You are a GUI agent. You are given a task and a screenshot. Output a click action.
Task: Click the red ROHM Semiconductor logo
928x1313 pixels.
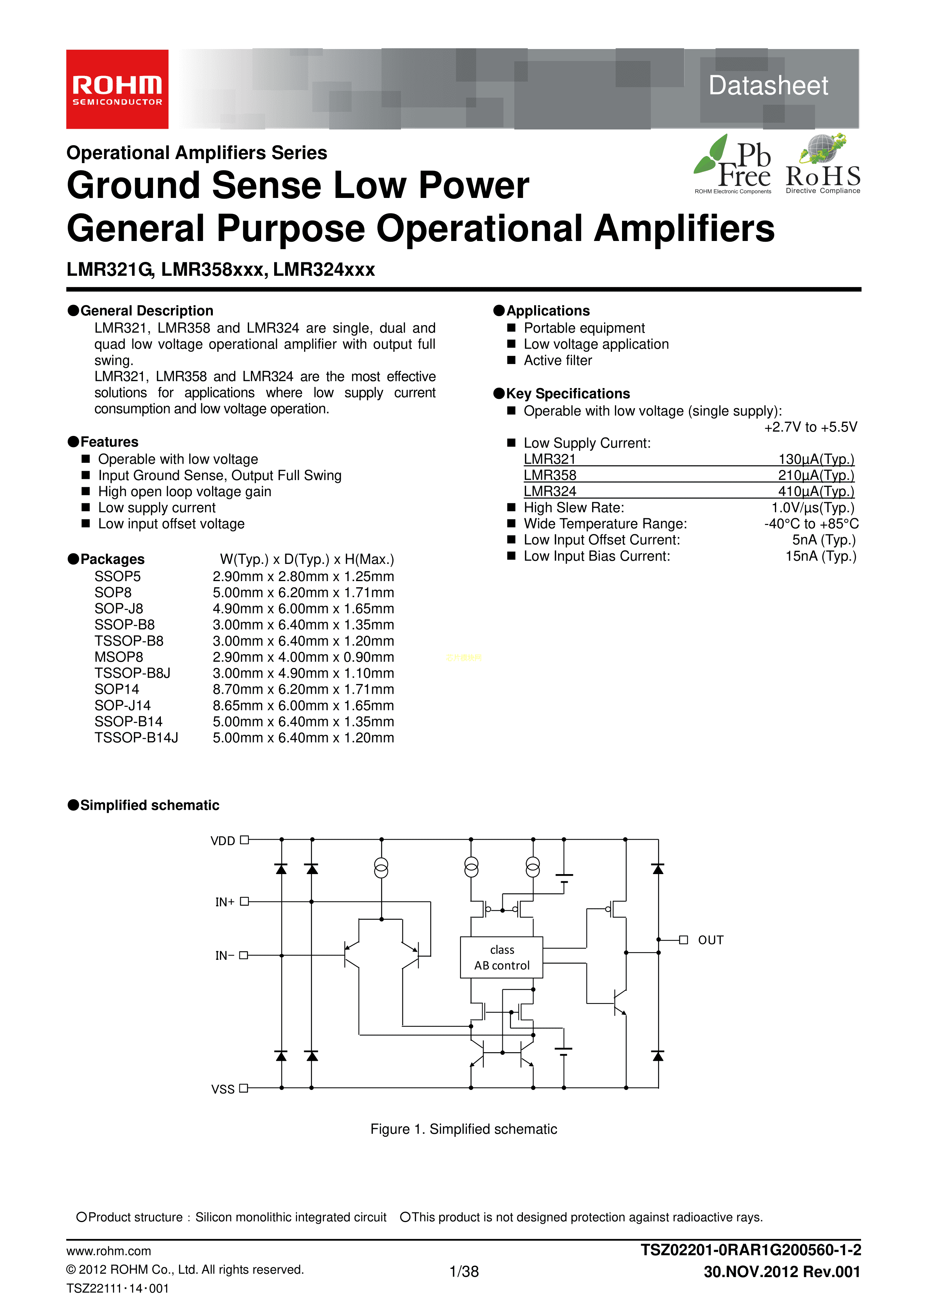pos(117,89)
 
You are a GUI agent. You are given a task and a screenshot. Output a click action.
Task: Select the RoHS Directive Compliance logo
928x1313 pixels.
pos(823,165)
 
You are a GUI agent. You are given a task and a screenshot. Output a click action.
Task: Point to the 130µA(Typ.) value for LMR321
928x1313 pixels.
pos(816,459)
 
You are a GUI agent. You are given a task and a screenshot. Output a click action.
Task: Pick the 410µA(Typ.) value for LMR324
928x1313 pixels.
pos(816,491)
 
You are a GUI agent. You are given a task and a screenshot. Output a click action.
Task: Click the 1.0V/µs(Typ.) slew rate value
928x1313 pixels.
pos(812,508)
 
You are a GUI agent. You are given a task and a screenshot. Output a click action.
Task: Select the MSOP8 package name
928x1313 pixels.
pos(119,657)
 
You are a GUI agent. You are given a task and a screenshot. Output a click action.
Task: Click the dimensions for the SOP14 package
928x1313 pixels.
pos(303,689)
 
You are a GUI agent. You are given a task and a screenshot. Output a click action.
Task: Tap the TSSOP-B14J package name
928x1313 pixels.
pos(136,738)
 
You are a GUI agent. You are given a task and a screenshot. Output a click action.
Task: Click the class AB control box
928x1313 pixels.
pos(502,957)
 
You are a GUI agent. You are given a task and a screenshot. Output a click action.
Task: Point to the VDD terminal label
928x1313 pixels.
pos(223,841)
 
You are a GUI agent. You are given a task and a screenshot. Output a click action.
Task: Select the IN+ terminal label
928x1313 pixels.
pos(225,902)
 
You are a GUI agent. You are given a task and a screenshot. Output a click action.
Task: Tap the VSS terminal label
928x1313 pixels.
pos(223,1089)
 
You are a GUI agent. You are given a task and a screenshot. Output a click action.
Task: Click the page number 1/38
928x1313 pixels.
pos(464,1271)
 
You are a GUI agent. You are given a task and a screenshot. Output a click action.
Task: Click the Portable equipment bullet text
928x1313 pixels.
pos(584,328)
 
